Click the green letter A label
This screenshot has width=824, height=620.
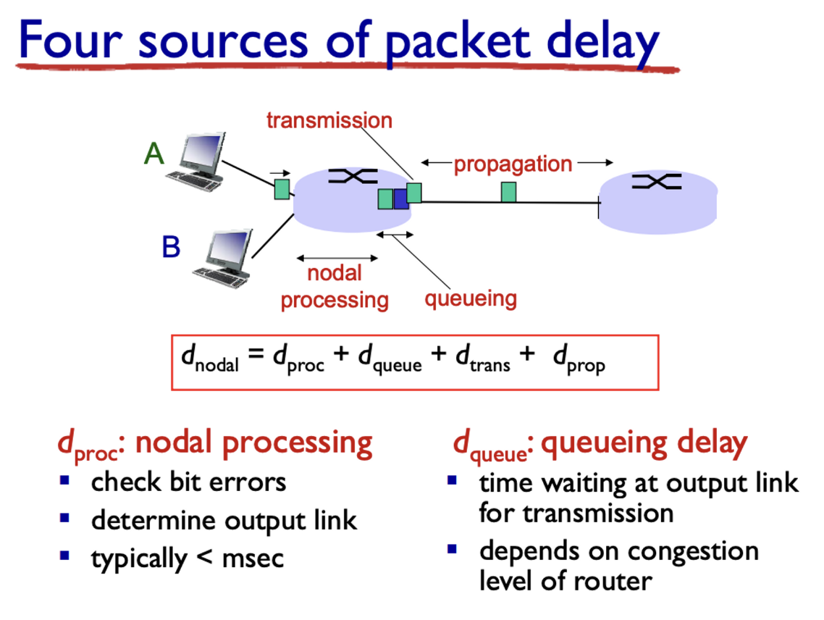[154, 154]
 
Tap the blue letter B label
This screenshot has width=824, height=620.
[172, 247]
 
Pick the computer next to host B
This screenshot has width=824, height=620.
[223, 258]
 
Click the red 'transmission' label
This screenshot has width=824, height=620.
[329, 120]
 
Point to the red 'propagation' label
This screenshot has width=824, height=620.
[513, 164]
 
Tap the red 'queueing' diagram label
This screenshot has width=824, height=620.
[471, 298]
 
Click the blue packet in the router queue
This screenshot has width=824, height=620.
[401, 198]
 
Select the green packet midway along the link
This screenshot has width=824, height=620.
[508, 192]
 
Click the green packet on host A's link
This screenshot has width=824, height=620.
[282, 189]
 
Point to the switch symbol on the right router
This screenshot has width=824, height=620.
[657, 182]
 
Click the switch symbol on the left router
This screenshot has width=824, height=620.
[353, 176]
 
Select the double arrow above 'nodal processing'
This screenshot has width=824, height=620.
[337, 258]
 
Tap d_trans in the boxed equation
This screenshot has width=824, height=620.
[483, 358]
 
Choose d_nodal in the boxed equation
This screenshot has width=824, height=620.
[210, 358]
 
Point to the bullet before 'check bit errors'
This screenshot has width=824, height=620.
[64, 479]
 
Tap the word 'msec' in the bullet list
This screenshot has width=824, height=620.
[253, 559]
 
